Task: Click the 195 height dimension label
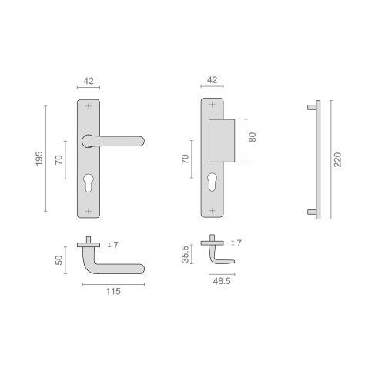coord(38,157)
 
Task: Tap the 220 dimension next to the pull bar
coord(337,160)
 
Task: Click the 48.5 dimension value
coord(221,282)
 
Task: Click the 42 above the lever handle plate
coord(89,79)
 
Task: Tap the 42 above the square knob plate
coord(212,79)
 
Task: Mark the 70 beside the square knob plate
coord(185,159)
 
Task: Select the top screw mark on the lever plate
coord(89,105)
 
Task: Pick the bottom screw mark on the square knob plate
coord(212,209)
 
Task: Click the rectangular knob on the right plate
coord(221,139)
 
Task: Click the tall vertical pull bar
coord(314,160)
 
